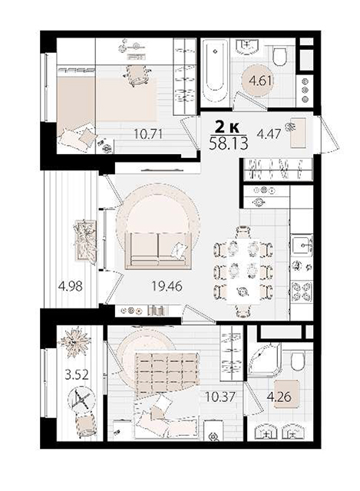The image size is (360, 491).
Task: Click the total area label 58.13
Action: (229, 143)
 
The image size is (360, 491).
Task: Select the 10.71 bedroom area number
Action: (148, 134)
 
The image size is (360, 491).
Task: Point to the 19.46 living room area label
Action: (167, 286)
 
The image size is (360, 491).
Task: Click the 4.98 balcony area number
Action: (71, 286)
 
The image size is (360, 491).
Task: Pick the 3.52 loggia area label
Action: (77, 374)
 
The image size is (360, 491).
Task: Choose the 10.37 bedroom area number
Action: (220, 397)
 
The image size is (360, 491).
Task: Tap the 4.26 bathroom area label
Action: (279, 397)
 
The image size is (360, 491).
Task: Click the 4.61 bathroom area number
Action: (260, 81)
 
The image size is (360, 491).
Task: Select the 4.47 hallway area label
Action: (269, 134)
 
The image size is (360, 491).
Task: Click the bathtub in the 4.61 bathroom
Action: (214, 73)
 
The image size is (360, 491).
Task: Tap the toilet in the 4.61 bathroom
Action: (280, 56)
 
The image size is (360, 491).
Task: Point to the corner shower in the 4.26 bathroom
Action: (264, 360)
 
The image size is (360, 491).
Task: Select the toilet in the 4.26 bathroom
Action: (298, 361)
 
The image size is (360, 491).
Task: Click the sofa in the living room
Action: (158, 250)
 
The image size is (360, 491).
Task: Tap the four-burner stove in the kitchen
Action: (302, 291)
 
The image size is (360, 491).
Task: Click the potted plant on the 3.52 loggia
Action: (75, 342)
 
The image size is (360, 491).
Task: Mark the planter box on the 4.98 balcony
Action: (84, 240)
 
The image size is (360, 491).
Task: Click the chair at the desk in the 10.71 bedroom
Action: (137, 75)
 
